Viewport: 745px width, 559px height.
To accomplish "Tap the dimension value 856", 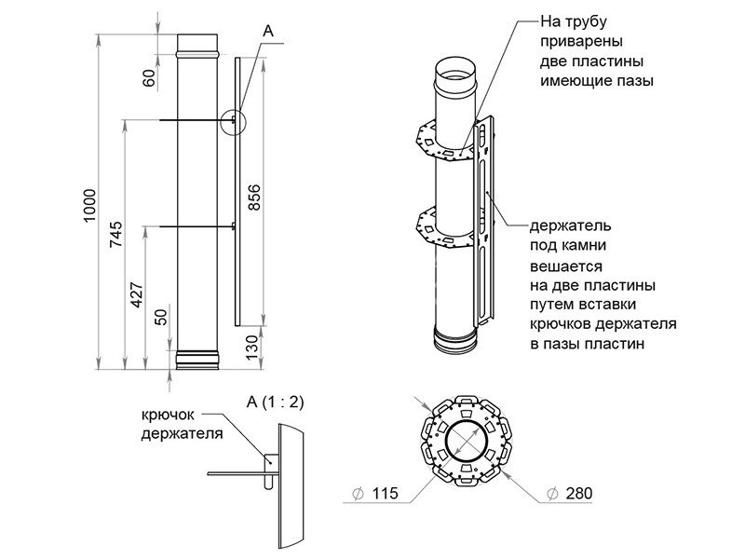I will (254, 198).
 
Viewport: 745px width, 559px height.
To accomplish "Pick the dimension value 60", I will (150, 77).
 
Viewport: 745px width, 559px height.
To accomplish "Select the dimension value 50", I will (162, 317).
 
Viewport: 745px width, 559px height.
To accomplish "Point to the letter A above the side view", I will (268, 32).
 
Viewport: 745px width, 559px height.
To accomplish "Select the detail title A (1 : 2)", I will (276, 402).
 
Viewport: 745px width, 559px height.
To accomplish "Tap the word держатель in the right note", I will (570, 225).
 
